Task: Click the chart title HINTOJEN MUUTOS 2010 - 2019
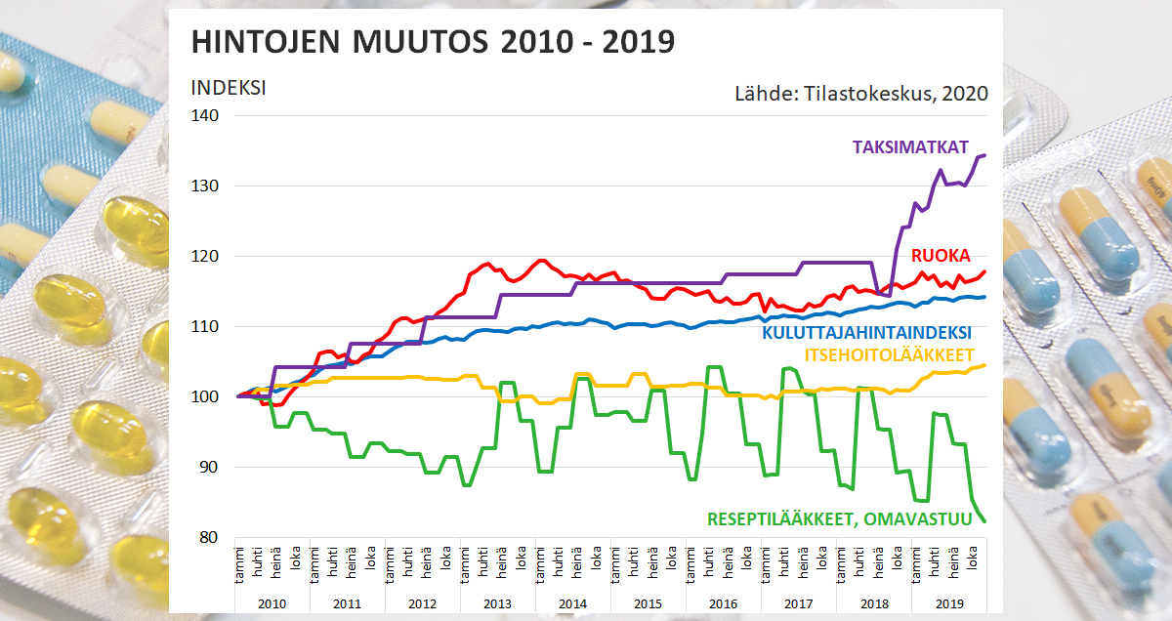pyautogui.click(x=433, y=42)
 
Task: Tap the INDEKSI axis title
pyautogui.click(x=229, y=87)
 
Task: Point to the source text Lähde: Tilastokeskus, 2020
pyautogui.click(x=860, y=94)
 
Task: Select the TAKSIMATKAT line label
pyautogui.click(x=910, y=147)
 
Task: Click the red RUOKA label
pyautogui.click(x=941, y=256)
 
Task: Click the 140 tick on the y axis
pyautogui.click(x=206, y=115)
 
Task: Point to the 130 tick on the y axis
pyautogui.click(x=206, y=186)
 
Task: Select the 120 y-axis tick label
pyautogui.click(x=206, y=256)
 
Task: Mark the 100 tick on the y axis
pyautogui.click(x=206, y=396)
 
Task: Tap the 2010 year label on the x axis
pyautogui.click(x=272, y=604)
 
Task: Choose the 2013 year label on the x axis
pyautogui.click(x=497, y=604)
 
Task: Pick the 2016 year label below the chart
pyautogui.click(x=723, y=604)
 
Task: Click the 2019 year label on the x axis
pyautogui.click(x=948, y=604)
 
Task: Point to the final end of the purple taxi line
pyautogui.click(x=984, y=155)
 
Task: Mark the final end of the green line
pyautogui.click(x=984, y=521)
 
